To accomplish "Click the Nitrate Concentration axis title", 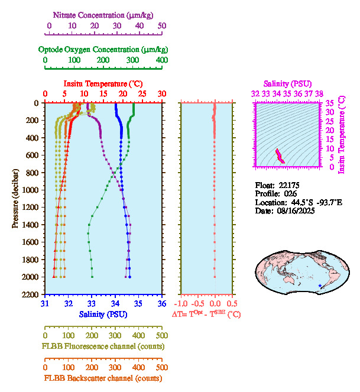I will (x=105, y=14).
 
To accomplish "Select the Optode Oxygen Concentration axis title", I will (x=103, y=49).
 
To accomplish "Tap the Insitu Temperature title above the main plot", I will (x=103, y=84).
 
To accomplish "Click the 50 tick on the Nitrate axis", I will (x=162, y=26).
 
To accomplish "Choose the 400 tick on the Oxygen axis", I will (x=162, y=60).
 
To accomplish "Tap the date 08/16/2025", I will (x=294, y=210).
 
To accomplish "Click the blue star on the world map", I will (x=320, y=286).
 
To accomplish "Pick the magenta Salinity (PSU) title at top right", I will (x=287, y=84).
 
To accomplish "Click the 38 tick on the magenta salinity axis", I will (x=319, y=93).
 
